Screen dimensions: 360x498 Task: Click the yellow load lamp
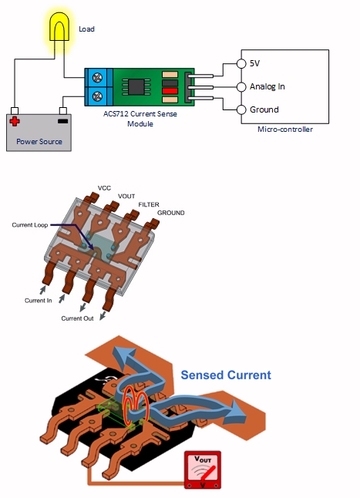(59, 27)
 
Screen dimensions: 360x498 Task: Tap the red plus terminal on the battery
(15, 121)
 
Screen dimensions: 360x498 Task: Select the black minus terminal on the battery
(63, 121)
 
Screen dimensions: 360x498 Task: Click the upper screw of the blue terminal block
(97, 78)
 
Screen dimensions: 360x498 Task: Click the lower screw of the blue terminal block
(97, 96)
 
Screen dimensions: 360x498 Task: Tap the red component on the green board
(170, 92)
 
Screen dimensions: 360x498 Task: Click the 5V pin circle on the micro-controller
(241, 63)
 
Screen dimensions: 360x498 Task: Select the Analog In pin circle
(241, 86)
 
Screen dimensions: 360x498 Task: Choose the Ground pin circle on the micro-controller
(241, 109)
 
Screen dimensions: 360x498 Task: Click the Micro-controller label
(285, 130)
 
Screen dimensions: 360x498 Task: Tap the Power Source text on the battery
(39, 142)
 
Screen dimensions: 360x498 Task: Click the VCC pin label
(104, 188)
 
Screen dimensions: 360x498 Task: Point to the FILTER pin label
(149, 204)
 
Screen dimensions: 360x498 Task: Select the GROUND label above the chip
(171, 213)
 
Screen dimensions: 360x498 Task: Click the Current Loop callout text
(30, 225)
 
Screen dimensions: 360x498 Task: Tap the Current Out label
(77, 318)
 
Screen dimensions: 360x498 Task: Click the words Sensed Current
(226, 375)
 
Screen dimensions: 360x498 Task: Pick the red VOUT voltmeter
(203, 470)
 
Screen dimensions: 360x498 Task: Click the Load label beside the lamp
(86, 29)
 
